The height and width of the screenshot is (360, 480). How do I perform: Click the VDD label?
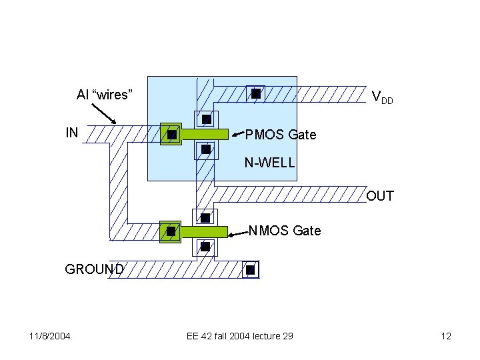pyautogui.click(x=382, y=99)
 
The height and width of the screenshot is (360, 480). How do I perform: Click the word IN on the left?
pyautogui.click(x=72, y=133)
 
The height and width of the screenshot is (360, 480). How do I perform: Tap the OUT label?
pyautogui.click(x=380, y=196)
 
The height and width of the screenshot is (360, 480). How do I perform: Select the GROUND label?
pyautogui.click(x=94, y=269)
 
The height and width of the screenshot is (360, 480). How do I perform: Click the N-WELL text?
pyautogui.click(x=269, y=162)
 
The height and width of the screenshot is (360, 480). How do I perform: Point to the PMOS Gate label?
pyautogui.click(x=281, y=135)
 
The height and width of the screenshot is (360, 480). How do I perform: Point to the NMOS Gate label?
pyautogui.click(x=285, y=231)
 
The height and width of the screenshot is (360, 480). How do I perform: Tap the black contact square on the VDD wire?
pyautogui.click(x=255, y=94)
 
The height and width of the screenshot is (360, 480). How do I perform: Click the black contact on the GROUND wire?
pyautogui.click(x=250, y=270)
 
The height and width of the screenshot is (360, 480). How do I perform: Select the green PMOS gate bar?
pyautogui.click(x=205, y=134)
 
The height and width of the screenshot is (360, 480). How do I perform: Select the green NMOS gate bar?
pyautogui.click(x=205, y=231)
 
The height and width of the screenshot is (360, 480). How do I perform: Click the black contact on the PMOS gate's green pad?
pyautogui.click(x=171, y=135)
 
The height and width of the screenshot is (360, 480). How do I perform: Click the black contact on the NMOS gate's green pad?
pyautogui.click(x=171, y=231)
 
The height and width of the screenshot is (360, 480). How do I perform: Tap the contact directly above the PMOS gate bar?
pyautogui.click(x=207, y=119)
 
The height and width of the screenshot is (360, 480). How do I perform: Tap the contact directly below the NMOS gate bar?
pyautogui.click(x=205, y=247)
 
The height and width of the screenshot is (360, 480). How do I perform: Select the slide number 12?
pyautogui.click(x=446, y=336)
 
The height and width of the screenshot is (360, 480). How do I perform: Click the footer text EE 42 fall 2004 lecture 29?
pyautogui.click(x=239, y=336)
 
